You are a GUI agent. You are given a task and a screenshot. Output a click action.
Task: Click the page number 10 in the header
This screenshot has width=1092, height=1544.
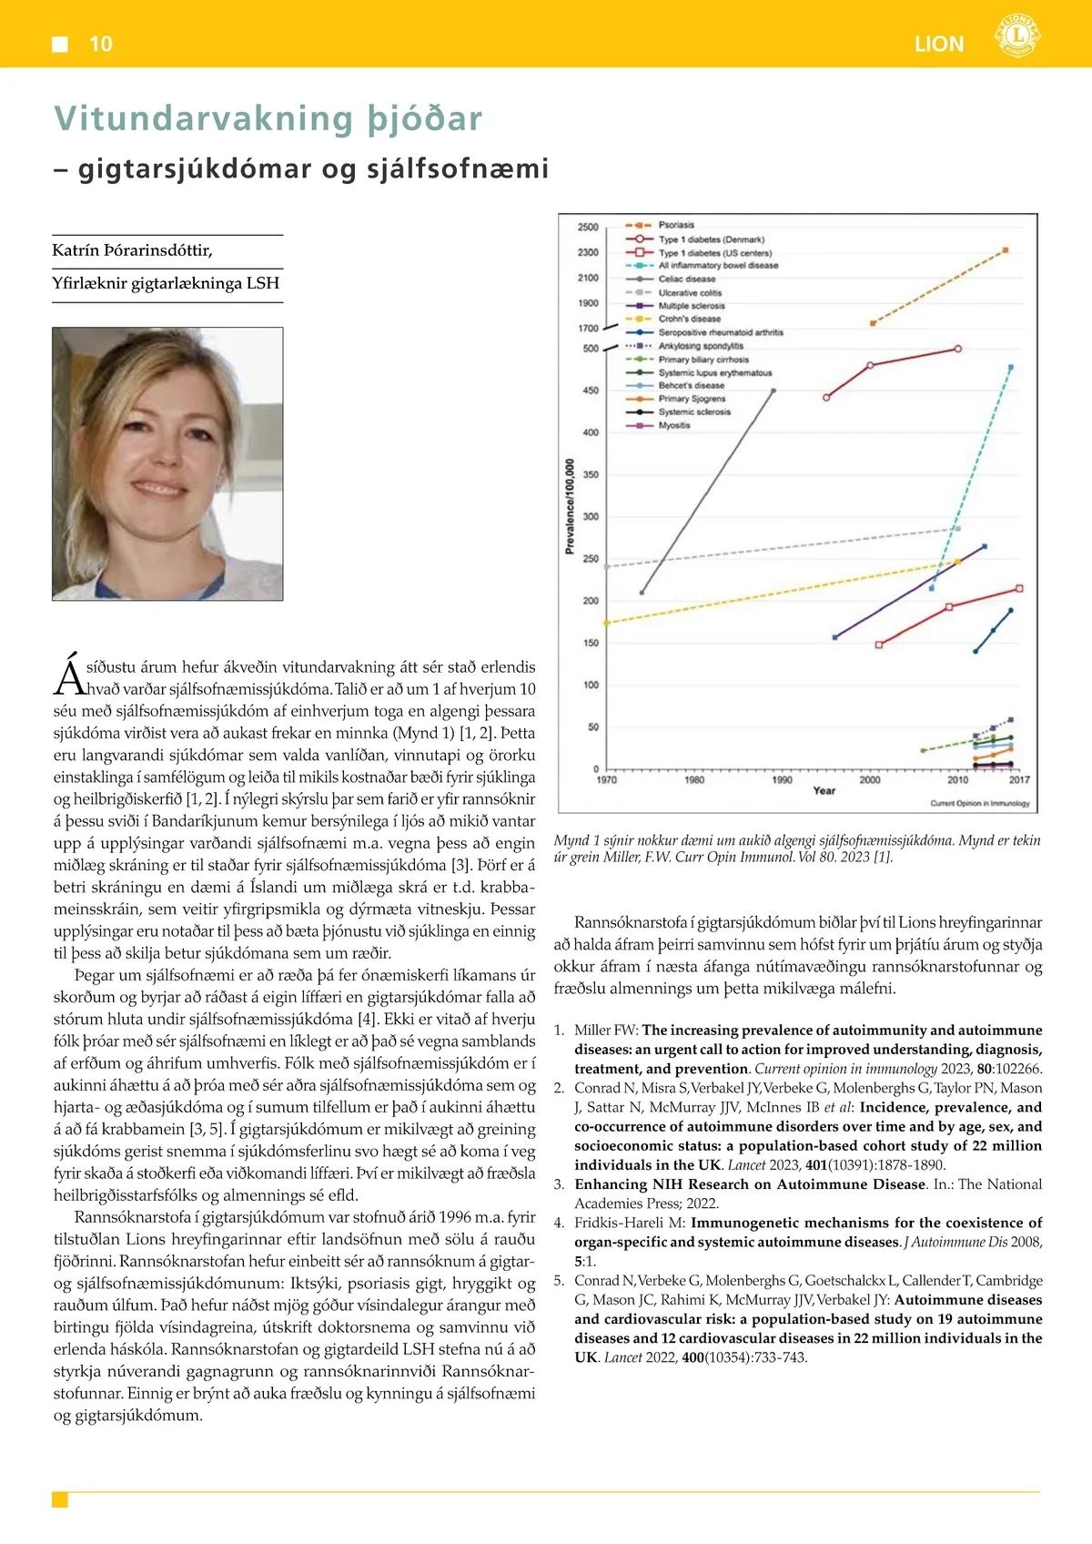pos(100,44)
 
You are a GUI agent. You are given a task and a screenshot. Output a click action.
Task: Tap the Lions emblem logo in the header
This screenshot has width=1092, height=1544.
pos(1016,36)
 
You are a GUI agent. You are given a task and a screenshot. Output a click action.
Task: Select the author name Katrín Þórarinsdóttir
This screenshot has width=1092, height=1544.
pos(133,250)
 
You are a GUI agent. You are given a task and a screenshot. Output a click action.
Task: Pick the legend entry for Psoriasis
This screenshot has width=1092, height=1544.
pos(676,225)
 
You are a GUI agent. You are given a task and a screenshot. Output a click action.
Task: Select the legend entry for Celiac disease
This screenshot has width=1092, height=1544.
pos(687,279)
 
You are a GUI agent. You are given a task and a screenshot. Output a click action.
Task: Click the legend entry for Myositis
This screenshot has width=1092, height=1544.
pos(674,425)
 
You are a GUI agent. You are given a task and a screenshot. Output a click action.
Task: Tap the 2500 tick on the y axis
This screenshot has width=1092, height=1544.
pos(588,227)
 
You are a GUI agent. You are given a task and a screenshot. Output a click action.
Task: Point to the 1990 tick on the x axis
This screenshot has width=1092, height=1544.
pos(782,780)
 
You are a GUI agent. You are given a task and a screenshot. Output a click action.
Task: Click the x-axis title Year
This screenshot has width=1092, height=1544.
pos(824,791)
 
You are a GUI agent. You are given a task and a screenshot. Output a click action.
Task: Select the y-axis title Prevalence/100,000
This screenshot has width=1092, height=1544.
pos(570,506)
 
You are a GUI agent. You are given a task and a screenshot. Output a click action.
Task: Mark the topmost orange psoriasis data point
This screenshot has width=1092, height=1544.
pos(1005,249)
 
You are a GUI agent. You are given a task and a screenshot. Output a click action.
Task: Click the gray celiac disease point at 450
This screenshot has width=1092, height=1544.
pos(773,391)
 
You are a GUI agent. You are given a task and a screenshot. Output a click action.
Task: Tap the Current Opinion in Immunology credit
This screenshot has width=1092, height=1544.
pos(979,804)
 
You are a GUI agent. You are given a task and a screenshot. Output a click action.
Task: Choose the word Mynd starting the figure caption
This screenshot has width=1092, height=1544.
pos(571,840)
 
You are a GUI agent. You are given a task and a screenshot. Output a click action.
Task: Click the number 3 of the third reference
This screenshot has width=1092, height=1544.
pos(559,1184)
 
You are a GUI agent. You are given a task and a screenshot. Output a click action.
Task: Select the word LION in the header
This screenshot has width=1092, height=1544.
pos(939,44)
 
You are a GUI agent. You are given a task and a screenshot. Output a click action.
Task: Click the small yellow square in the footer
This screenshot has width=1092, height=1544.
pos(60,1499)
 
